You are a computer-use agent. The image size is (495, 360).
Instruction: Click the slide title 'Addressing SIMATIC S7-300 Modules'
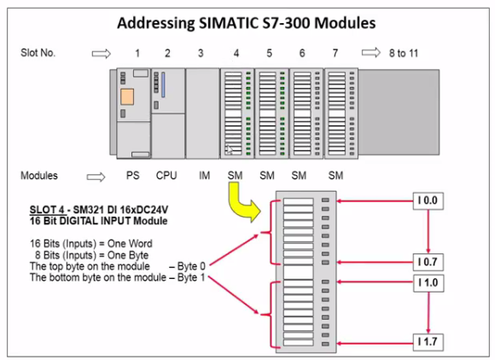click(247, 20)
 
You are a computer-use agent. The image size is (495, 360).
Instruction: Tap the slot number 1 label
click(137, 54)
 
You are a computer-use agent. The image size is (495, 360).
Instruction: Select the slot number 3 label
click(201, 54)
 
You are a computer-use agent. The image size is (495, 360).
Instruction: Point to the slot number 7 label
click(335, 54)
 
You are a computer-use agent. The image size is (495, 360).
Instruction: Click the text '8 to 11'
click(401, 54)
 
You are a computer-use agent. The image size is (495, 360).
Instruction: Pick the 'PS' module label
click(133, 176)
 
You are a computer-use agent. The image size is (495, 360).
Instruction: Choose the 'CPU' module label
click(166, 176)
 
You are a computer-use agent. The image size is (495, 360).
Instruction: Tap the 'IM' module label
click(204, 176)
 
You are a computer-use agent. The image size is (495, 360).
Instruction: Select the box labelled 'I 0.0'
click(429, 200)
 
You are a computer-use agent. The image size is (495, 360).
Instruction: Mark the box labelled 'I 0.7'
click(429, 259)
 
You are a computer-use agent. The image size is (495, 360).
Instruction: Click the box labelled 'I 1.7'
click(429, 342)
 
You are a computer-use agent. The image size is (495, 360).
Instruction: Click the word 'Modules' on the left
click(39, 176)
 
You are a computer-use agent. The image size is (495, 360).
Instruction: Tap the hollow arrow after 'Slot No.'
click(102, 54)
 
